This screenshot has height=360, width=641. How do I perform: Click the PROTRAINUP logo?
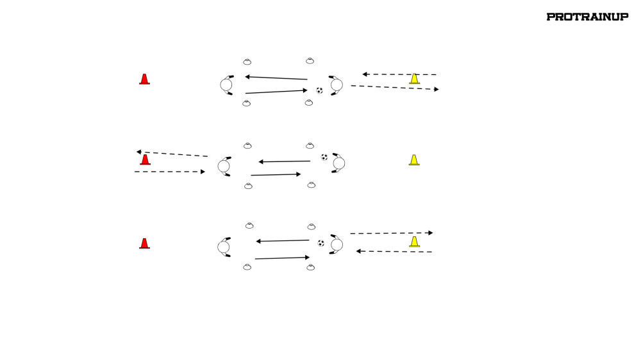coord(587,17)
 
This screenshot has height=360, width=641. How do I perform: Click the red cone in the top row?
coord(144,79)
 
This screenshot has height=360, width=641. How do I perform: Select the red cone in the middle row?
coord(145,160)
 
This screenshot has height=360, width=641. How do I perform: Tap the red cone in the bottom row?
coord(144,243)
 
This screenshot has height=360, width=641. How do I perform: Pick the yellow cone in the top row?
coord(415,78)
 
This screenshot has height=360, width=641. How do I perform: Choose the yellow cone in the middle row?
coord(414,160)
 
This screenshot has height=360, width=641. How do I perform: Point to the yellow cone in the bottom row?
coord(415,242)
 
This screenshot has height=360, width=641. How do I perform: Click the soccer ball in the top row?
coord(319,90)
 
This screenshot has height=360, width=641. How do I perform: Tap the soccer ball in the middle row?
coord(324,157)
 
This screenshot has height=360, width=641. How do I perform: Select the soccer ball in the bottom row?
coord(321,243)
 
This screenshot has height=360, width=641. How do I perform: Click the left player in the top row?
coord(226,85)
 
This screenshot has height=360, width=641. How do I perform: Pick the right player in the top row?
coord(336,85)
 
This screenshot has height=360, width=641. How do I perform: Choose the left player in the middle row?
coord(224,167)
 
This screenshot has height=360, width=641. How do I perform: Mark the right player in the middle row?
coord(338,163)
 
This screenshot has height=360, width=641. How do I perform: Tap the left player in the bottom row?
coord(224,247)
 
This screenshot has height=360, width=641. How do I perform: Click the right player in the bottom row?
coord(336,245)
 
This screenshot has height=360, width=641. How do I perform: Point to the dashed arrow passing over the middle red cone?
coord(172,154)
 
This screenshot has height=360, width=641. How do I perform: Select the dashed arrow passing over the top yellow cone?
coord(399,74)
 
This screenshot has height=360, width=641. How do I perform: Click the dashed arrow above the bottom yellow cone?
coord(391,233)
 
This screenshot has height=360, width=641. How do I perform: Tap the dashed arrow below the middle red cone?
coord(170,172)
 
